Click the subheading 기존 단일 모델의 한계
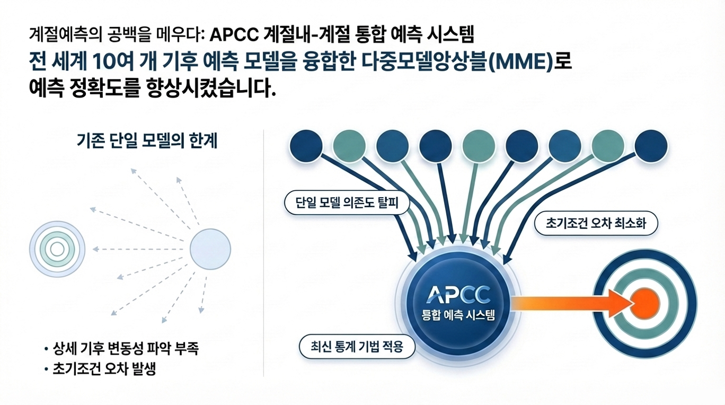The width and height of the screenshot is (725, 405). [147, 142]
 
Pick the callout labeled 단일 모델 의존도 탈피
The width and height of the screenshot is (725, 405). [347, 202]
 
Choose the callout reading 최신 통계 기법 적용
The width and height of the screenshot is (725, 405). [358, 347]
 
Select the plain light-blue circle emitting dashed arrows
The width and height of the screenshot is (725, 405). [210, 249]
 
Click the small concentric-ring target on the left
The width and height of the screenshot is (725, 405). [57, 249]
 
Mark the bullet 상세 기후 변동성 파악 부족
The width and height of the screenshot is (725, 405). [126, 349]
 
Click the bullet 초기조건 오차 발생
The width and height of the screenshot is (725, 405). [104, 369]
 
